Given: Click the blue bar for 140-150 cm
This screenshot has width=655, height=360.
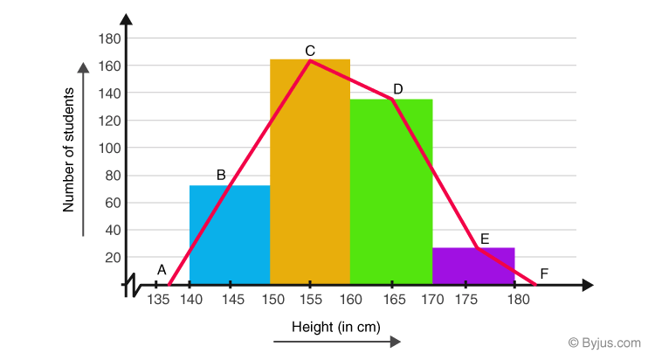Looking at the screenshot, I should [229, 236].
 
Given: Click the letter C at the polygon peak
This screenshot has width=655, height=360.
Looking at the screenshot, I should [310, 51].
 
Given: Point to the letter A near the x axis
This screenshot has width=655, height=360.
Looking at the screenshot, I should [162, 270].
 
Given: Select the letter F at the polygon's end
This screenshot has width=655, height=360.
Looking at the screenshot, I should [544, 274].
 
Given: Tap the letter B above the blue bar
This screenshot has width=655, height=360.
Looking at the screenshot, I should [221, 175].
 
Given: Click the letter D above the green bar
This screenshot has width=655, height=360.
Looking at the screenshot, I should [398, 89].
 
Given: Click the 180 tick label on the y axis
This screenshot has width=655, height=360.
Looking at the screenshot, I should [109, 38].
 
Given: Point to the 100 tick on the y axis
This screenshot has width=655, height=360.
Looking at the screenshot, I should [109, 148].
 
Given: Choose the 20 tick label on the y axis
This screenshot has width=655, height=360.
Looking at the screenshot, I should [113, 257].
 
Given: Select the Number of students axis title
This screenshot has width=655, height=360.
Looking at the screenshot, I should [69, 156].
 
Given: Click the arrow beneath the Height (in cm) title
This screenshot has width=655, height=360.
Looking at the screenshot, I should [337, 342].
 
